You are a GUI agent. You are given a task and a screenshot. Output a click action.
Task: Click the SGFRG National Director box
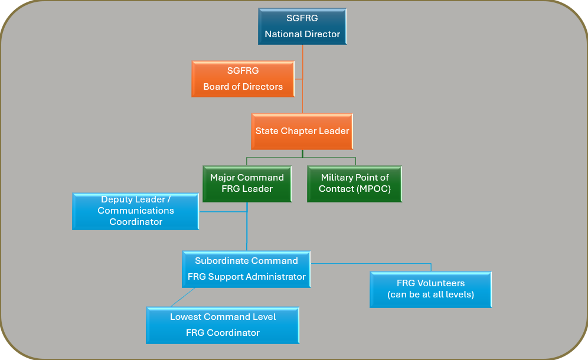[x=302, y=27]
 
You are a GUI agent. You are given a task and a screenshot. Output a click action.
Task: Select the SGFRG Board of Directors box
[x=243, y=79]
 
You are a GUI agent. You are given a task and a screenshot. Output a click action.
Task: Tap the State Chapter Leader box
[x=302, y=131]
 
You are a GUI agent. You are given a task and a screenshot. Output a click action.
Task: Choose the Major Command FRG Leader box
[x=247, y=184]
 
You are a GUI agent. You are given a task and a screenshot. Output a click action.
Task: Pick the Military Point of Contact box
[x=354, y=184]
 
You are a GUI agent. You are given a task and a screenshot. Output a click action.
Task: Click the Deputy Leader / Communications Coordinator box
[x=135, y=211]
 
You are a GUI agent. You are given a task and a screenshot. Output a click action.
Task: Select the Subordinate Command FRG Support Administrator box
[x=246, y=269]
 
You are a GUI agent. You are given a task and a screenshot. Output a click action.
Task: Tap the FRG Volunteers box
[x=430, y=289]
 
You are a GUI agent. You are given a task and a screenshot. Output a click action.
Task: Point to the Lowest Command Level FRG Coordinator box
[x=223, y=325]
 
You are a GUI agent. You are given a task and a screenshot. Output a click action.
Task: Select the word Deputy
[x=117, y=200]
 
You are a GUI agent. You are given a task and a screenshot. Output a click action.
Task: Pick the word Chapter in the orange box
[x=302, y=131]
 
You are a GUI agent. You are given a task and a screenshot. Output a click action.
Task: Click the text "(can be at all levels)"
[x=430, y=294]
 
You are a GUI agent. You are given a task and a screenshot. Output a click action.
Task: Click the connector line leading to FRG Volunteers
[x=378, y=263]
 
